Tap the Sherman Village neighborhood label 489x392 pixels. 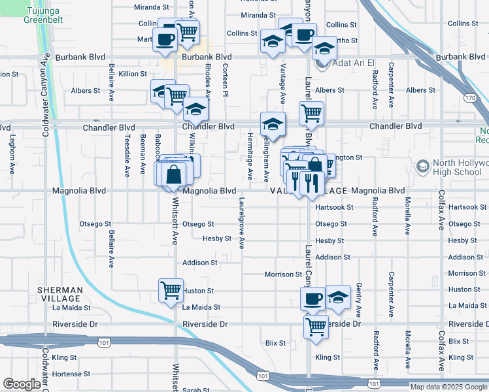pos(59,293)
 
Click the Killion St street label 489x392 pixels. pos(133,74)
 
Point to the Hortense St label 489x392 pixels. pos(65,374)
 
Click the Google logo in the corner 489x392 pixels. pos(21,384)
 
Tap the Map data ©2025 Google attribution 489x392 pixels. pos(448,387)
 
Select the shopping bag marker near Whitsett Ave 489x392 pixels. pos(174,174)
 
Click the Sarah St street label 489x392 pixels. pos(195,389)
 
